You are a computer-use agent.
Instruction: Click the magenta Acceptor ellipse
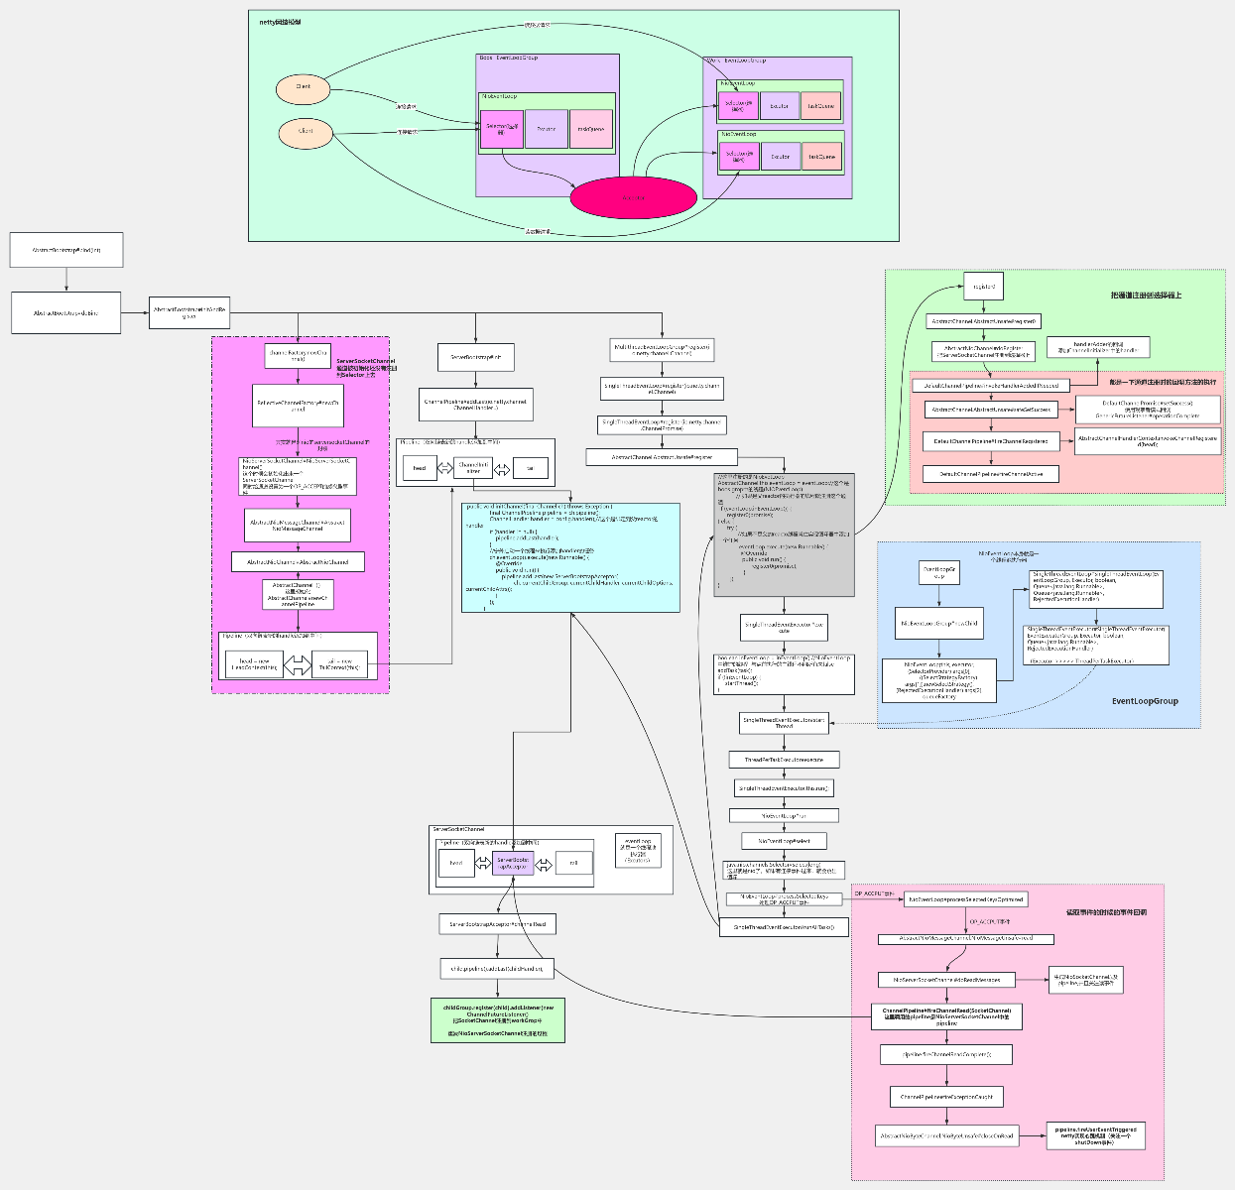633,197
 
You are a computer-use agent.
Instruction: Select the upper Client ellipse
303,87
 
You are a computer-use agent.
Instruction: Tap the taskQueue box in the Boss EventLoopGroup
591,129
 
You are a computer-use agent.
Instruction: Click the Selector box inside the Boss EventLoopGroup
501,129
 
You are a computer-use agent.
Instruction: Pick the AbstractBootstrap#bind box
66,250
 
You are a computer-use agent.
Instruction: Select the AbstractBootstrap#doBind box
66,312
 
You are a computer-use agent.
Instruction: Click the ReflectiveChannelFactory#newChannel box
298,407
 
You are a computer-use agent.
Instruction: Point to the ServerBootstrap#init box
475,357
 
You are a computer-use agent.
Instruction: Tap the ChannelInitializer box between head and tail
473,468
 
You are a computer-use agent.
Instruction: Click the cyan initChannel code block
570,556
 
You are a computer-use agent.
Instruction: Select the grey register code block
784,535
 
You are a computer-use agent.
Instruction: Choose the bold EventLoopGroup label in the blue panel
1145,701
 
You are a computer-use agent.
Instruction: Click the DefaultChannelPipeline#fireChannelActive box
991,474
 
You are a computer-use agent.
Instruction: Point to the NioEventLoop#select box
784,841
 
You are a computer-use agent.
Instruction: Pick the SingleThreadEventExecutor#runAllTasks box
784,927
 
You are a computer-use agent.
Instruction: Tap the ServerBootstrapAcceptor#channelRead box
497,923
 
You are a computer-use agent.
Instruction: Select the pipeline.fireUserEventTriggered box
1095,1135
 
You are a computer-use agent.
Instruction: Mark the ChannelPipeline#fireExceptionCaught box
946,1097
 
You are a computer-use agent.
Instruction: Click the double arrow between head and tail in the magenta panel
298,664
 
